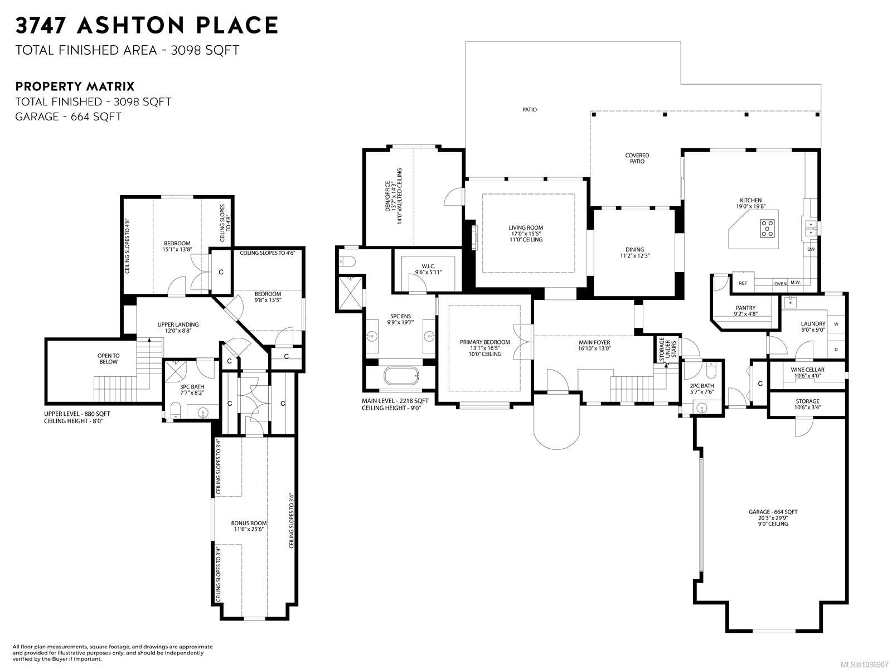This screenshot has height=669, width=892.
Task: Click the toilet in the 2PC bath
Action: coord(710,370)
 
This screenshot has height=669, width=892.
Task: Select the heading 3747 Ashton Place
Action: coord(147,25)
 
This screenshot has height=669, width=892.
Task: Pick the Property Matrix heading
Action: coord(74,86)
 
